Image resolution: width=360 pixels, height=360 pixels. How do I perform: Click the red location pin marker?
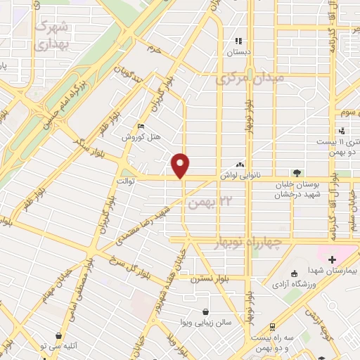[181, 165]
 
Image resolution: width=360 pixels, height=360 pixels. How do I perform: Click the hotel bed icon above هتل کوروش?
[141, 127]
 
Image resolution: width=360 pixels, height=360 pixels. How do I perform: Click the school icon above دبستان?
[238, 41]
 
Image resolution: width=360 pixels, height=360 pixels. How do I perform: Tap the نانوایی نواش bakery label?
[240, 171]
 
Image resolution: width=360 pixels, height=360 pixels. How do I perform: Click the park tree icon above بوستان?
[298, 173]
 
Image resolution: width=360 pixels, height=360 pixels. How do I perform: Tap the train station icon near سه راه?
[272, 328]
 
